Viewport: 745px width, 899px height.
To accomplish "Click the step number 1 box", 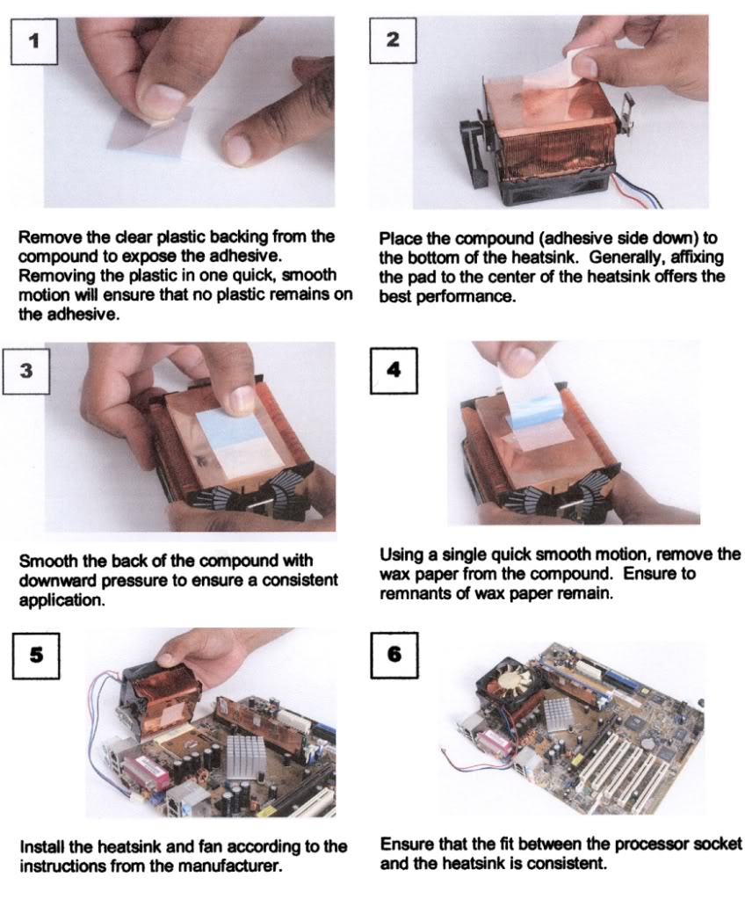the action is pos(33,41).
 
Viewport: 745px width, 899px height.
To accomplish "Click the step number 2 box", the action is pos(393,40).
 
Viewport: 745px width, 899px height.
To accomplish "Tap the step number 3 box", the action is pos(26,370).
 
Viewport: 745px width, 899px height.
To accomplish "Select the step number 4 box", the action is pos(394,370).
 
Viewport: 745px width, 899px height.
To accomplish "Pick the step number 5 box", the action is pos(36,656).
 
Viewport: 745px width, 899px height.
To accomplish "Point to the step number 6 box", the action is pos(394,655).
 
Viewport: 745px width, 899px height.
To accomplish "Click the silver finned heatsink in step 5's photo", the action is pos(245,757).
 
